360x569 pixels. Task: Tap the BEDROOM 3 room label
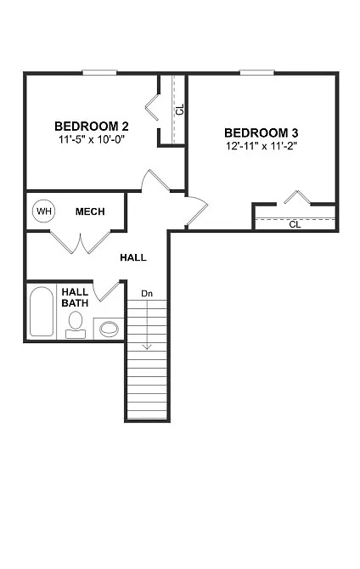coord(262,132)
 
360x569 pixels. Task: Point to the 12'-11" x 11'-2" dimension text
coord(262,146)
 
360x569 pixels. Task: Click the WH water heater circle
coord(43,210)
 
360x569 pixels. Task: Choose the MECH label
coord(89,211)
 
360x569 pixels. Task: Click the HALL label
coord(132,256)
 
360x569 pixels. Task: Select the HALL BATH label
coord(75,297)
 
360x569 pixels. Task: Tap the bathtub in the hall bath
coord(41,313)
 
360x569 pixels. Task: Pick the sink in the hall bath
coord(110,328)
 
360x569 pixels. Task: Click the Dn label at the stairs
coord(146,294)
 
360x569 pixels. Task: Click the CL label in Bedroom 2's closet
coord(178,109)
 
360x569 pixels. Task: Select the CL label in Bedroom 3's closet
coord(295,224)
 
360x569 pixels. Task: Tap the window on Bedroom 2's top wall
coord(99,72)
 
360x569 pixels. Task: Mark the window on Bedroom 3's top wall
coord(256,72)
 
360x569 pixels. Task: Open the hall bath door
coord(108,290)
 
